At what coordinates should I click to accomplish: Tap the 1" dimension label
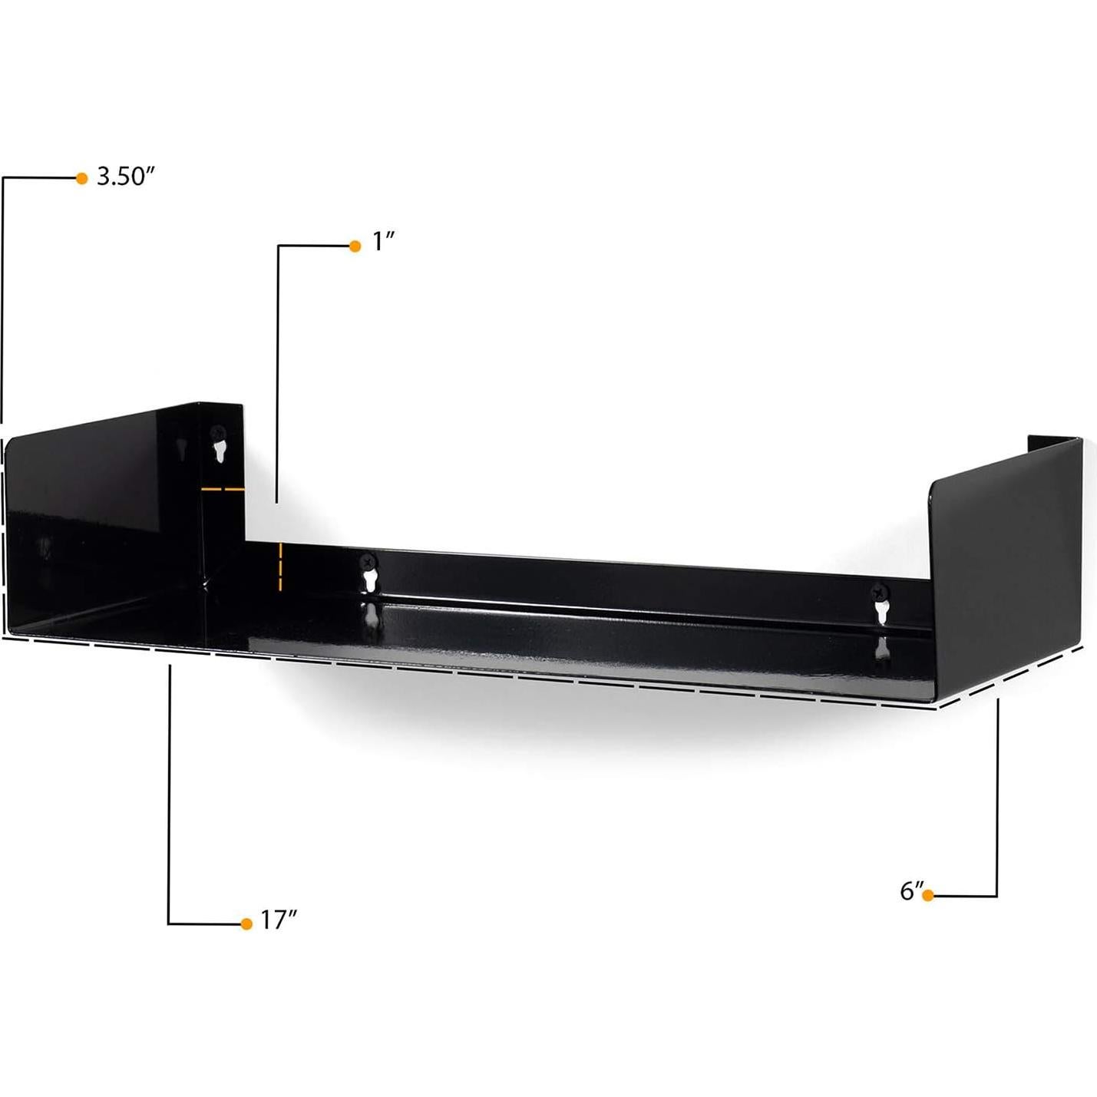click(x=383, y=243)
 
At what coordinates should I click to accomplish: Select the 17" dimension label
click(x=278, y=919)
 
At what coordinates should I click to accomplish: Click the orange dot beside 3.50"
click(x=82, y=178)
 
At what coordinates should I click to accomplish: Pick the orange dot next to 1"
click(x=355, y=246)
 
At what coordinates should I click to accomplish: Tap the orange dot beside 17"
click(x=246, y=924)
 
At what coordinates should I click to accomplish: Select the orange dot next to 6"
click(x=928, y=895)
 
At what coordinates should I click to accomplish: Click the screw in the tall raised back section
click(x=218, y=433)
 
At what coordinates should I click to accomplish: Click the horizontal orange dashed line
click(x=223, y=488)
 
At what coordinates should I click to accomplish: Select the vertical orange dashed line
click(x=282, y=567)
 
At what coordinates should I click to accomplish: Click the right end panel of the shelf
click(x=1006, y=568)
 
